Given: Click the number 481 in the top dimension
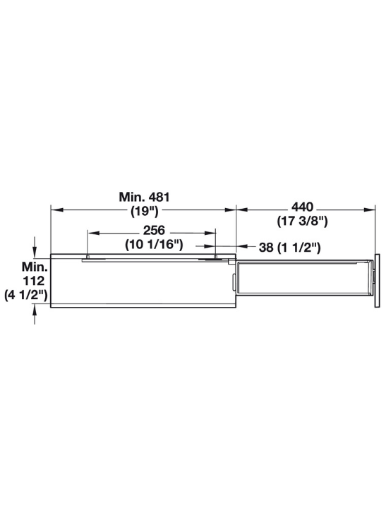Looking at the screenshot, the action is click(x=159, y=197).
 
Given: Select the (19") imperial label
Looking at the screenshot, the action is click(x=145, y=211).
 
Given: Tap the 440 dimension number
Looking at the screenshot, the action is click(x=303, y=207).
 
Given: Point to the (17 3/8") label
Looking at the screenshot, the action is click(x=302, y=221).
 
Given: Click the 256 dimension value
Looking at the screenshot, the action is click(x=154, y=230).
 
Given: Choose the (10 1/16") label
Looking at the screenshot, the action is click(x=154, y=245).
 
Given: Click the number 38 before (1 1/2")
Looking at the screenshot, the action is click(x=266, y=248).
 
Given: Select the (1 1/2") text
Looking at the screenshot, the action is click(x=298, y=248).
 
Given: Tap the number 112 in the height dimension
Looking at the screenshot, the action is click(x=33, y=281).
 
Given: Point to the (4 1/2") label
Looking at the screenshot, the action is click(x=26, y=295).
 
